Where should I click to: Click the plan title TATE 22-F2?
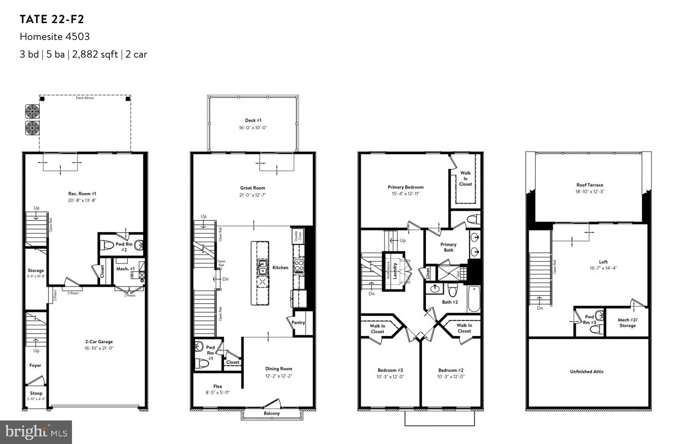pyautogui.click(x=52, y=19)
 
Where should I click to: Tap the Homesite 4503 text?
pyautogui.click(x=55, y=37)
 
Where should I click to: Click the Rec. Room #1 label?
pyautogui.click(x=85, y=194)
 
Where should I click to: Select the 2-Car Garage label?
pyautogui.click(x=99, y=342)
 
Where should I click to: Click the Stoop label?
pyautogui.click(x=36, y=394)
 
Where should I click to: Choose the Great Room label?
pyautogui.click(x=253, y=188)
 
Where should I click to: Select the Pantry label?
pyautogui.click(x=298, y=322)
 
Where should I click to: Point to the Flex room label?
pyautogui.click(x=218, y=386)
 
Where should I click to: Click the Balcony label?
pyautogui.click(x=271, y=413)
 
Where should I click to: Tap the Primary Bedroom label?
pyautogui.click(x=405, y=187)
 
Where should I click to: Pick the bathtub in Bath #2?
pyautogui.click(x=474, y=299)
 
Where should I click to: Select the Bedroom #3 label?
pyautogui.click(x=390, y=370)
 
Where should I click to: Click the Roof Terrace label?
pyautogui.click(x=589, y=185)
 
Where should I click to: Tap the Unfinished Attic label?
pyautogui.click(x=587, y=372)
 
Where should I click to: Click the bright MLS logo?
pyautogui.click(x=36, y=432)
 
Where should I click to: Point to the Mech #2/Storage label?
pyautogui.click(x=627, y=322)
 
